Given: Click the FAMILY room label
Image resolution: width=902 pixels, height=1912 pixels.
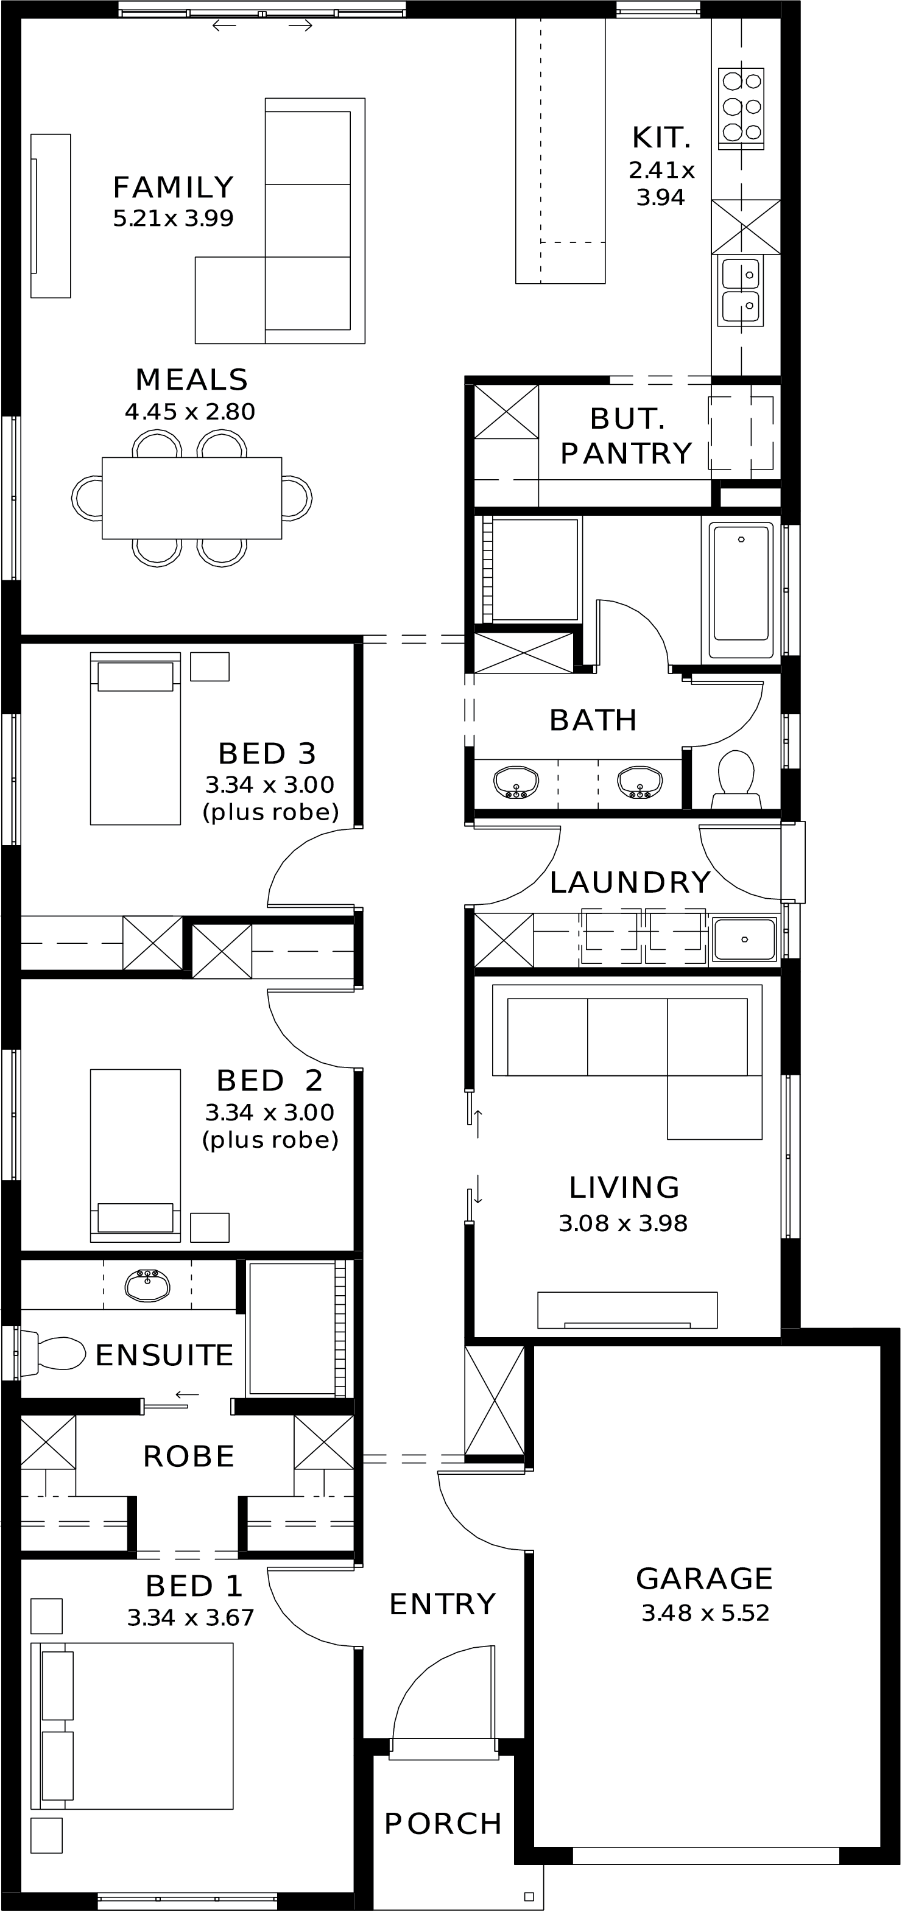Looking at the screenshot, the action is [x=173, y=188].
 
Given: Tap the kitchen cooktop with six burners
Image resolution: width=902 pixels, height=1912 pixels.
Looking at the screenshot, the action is [x=741, y=108].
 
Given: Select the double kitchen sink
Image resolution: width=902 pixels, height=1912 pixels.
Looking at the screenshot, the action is [x=741, y=291].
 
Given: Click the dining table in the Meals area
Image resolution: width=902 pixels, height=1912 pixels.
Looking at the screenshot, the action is [x=191, y=498].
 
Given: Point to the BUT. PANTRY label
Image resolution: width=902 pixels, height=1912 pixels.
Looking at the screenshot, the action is [x=626, y=437].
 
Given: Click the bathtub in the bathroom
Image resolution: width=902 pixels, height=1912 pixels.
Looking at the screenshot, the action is [x=741, y=591].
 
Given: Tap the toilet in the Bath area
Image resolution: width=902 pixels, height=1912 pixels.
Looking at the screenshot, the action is [x=736, y=779].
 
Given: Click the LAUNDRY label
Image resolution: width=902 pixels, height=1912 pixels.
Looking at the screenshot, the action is [x=630, y=882].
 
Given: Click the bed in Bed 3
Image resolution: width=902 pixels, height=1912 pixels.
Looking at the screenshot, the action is [x=135, y=739].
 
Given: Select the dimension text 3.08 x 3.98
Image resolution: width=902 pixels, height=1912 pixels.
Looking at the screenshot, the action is [x=623, y=1223].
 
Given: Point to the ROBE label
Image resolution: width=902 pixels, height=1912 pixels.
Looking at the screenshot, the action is [x=189, y=1457].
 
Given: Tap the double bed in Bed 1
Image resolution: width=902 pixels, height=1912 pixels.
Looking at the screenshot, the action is [x=132, y=1726].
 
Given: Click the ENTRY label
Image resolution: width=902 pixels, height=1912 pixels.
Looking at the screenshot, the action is [x=442, y=1604].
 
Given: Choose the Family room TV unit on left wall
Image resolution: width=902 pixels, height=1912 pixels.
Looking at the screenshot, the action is [x=51, y=216].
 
